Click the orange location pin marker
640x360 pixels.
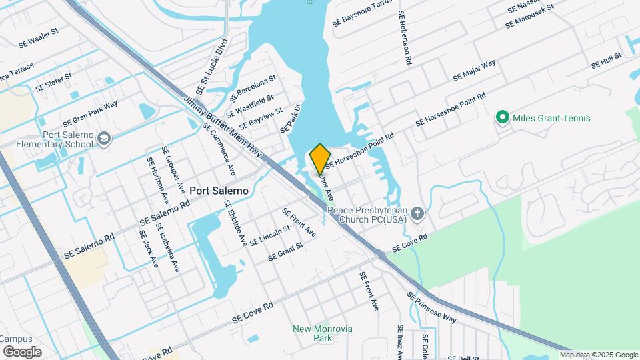point(320,158)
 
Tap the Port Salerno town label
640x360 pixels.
point(219,191)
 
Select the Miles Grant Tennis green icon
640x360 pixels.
point(503,118)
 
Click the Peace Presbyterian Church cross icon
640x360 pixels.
point(417,214)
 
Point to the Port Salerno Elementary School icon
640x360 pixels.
point(103,138)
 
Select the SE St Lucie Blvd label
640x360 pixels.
point(213,67)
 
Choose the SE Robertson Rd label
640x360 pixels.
point(405,38)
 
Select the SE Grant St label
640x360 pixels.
point(285,251)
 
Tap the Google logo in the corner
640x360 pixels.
point(22,351)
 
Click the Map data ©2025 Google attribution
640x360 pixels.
point(598,355)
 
